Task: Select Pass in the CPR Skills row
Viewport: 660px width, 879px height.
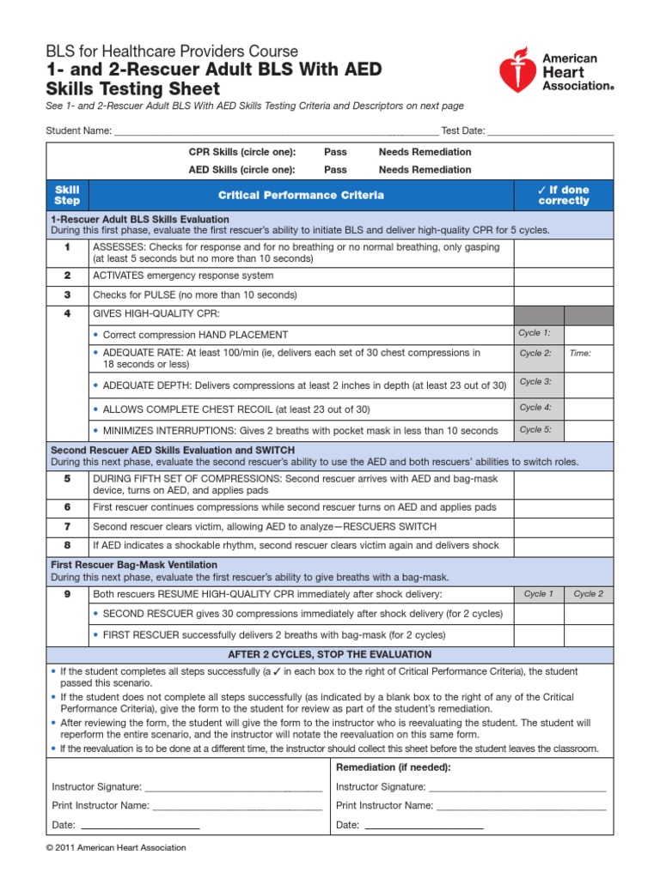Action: click(x=335, y=152)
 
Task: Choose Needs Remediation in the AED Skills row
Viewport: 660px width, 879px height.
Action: click(x=425, y=170)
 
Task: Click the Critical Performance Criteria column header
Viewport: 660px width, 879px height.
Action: click(x=301, y=196)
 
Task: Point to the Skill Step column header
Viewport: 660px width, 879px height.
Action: click(x=67, y=196)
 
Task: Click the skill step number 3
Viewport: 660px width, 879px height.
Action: click(x=67, y=294)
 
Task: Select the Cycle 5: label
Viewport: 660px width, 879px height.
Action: click(x=535, y=430)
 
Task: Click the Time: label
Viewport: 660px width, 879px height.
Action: click(x=580, y=353)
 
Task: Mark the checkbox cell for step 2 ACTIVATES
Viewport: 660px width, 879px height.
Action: click(x=564, y=276)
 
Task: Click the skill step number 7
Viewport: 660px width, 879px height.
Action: click(x=67, y=526)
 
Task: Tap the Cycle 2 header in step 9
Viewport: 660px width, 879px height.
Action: click(x=589, y=594)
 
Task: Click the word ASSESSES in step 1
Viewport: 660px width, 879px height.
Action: click(x=119, y=247)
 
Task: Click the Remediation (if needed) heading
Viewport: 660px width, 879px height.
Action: click(x=393, y=767)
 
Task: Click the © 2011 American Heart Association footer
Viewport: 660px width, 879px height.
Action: click(x=115, y=848)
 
